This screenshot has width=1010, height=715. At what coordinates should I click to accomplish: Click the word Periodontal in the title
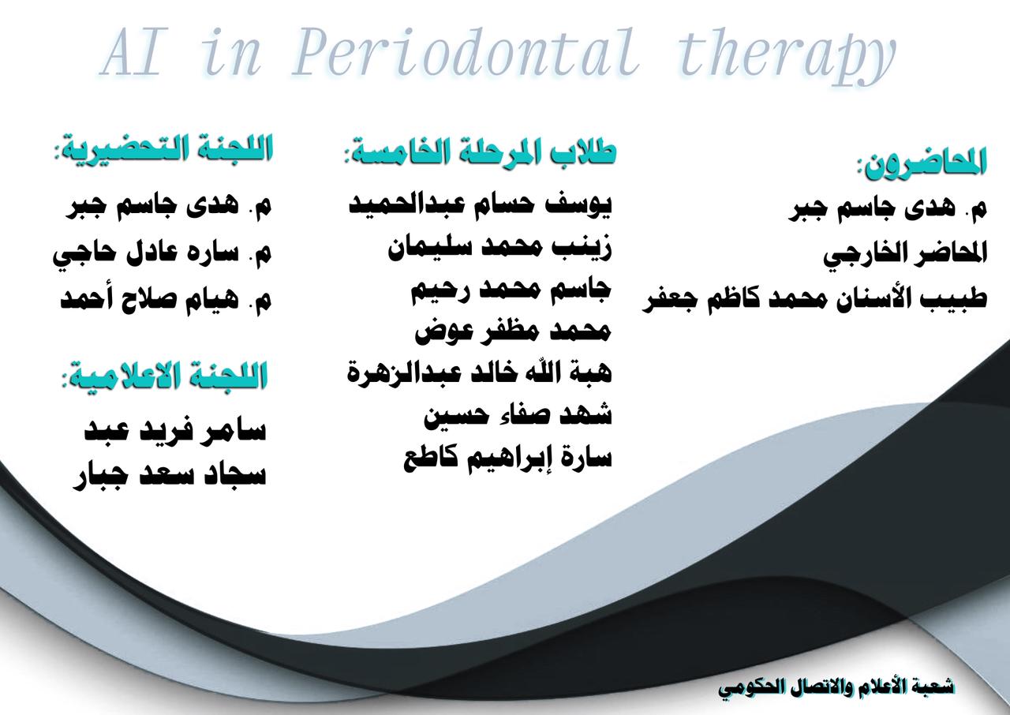pyautogui.click(x=466, y=52)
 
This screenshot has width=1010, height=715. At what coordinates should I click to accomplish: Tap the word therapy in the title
pyautogui.click(x=786, y=55)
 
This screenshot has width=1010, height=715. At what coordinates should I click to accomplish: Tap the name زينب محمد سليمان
pyautogui.click(x=499, y=249)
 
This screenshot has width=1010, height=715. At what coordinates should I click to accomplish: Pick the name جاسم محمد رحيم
pyautogui.click(x=511, y=291)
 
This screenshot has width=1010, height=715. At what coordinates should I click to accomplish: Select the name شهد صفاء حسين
pyautogui.click(x=518, y=416)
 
